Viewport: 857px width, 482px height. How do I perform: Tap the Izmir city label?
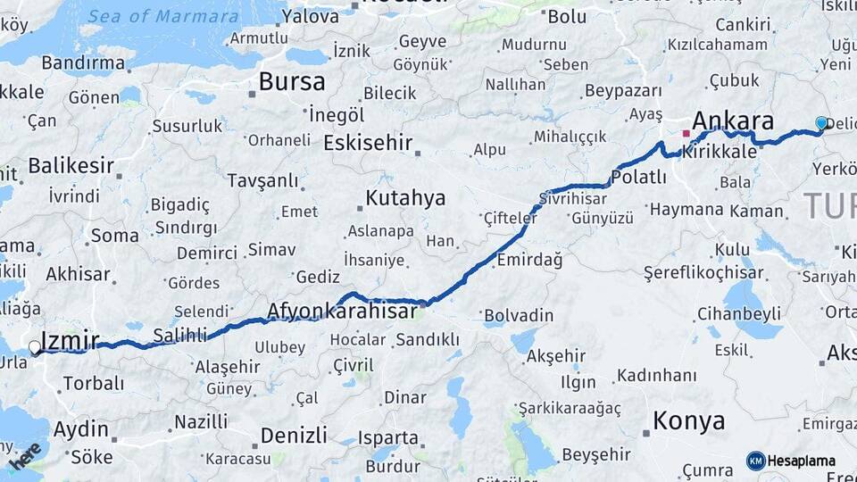tap(70, 340)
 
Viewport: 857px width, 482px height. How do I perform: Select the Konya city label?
tap(688, 420)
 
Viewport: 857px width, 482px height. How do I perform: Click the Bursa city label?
tap(292, 82)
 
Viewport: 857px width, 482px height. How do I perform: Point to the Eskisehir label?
tap(368, 143)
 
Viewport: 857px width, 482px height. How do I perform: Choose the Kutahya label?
tap(405, 197)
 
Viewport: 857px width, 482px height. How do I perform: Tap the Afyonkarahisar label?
tap(342, 311)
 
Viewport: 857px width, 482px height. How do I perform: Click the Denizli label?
tap(294, 436)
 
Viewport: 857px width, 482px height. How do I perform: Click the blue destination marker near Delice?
tap(821, 123)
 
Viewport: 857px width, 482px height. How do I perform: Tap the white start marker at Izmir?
tap(34, 347)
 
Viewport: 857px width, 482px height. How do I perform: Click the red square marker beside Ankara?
tap(686, 134)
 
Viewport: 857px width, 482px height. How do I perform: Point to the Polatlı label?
tap(638, 177)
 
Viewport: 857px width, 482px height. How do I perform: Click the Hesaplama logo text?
tap(802, 461)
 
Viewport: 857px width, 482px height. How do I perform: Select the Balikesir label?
tap(71, 165)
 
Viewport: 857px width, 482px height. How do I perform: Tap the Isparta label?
tap(388, 438)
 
